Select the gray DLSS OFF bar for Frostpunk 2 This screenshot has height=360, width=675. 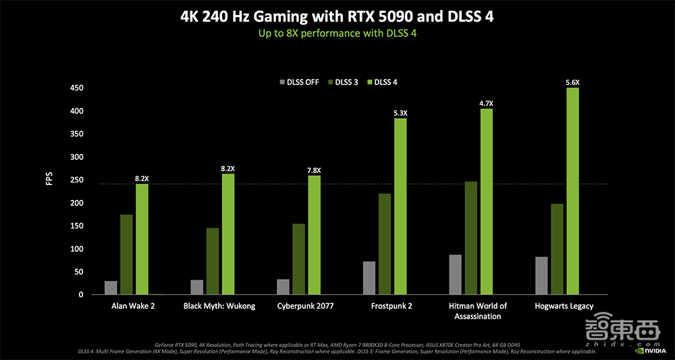369,278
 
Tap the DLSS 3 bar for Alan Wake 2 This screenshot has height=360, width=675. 126,255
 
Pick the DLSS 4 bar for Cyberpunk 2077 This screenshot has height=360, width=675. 315,235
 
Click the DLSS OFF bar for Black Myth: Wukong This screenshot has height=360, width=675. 197,287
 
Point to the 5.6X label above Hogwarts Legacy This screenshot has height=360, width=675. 572,82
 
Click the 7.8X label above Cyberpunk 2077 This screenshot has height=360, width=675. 315,170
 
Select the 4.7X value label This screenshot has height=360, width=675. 486,103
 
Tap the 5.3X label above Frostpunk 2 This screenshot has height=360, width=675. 400,113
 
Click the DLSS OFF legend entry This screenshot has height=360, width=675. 299,82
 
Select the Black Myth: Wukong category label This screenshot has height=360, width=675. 219,306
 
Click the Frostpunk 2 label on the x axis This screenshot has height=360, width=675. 391,306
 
